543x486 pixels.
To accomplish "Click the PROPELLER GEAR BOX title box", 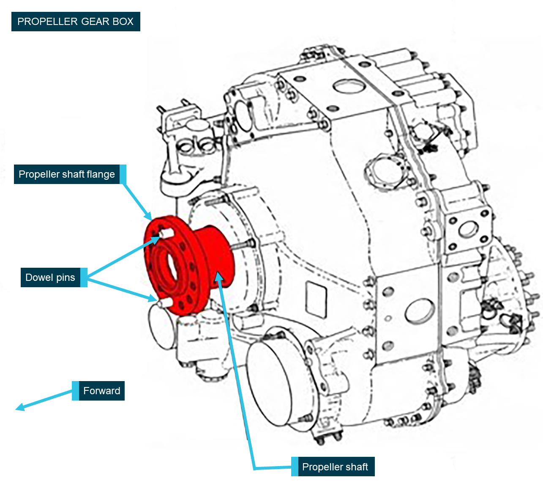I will pos(76,22).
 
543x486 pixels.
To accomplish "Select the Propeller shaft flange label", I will pos(67,174).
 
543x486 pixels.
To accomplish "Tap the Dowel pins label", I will pos(50,277).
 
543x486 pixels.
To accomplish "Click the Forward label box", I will pos(101,391).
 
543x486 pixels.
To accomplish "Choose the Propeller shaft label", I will pos(335,467).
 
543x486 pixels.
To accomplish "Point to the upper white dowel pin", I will pos(166,233).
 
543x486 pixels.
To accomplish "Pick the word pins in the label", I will pos(65,277).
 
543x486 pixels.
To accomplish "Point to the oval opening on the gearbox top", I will pos(349,85).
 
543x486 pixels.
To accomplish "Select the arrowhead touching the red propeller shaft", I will pos(218,276).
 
